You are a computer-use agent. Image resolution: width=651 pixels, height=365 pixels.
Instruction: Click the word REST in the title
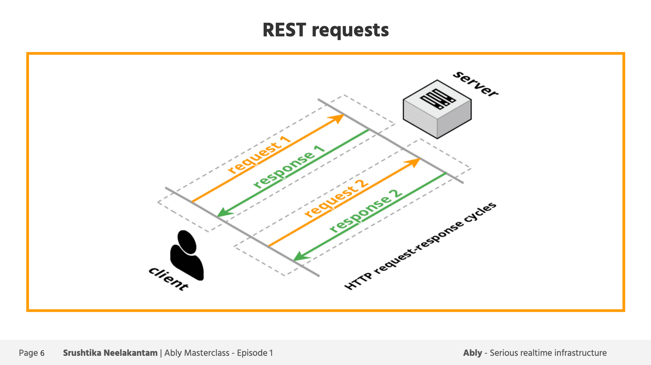tap(284, 30)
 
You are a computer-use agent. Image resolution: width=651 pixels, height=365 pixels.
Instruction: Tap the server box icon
tap(437, 109)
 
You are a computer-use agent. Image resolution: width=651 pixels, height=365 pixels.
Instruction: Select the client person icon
tap(187, 255)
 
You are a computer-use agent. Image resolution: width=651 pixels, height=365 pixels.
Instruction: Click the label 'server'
tap(476, 84)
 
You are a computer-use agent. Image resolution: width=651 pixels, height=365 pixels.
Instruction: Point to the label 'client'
tap(168, 279)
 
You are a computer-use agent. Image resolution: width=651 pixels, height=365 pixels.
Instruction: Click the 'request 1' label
tap(259, 155)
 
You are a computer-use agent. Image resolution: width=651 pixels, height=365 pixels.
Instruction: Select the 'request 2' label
tap(337, 199)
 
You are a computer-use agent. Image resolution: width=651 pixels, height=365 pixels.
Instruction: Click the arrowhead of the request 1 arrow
tap(337, 118)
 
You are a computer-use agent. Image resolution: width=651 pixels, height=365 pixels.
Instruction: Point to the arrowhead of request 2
tap(413, 163)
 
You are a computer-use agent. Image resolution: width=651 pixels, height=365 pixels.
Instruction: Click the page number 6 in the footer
tap(42, 353)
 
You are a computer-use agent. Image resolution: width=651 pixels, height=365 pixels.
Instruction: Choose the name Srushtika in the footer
tap(82, 353)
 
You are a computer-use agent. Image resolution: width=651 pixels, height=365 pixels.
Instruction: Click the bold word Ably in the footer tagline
tap(473, 353)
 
